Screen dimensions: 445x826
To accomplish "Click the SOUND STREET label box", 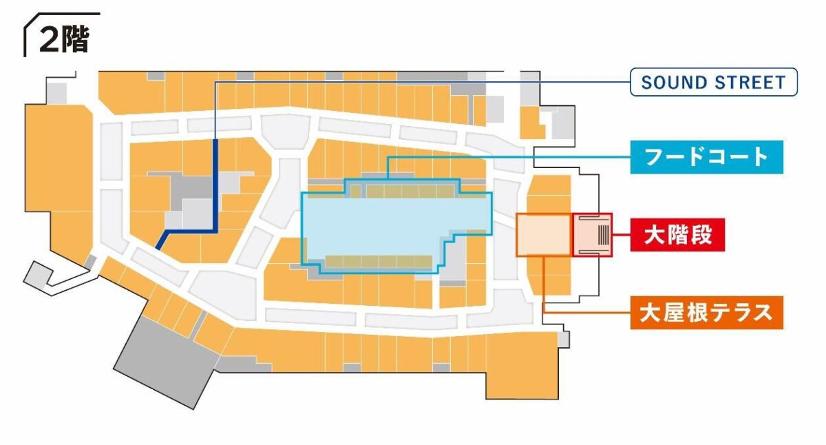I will [x=713, y=83].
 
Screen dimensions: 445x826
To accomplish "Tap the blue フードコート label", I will [x=706, y=157].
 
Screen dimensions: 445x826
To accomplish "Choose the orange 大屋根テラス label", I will [x=706, y=313].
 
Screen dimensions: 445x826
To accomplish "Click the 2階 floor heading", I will [x=63, y=40].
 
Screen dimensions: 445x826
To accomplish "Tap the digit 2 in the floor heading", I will [x=50, y=41].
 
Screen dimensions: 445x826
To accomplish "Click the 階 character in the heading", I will [x=76, y=40].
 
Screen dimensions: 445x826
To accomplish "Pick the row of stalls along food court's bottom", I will [x=378, y=261].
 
